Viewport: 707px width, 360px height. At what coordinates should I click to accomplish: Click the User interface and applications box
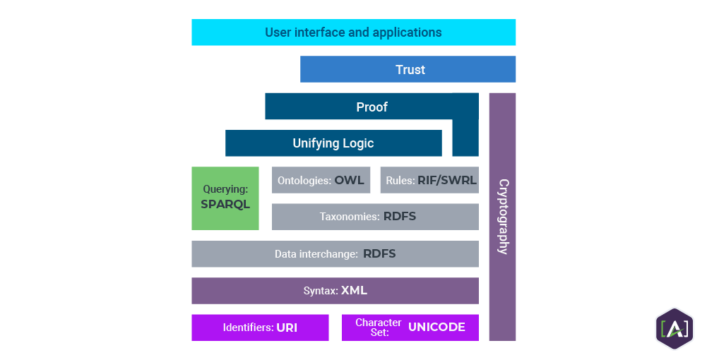353,32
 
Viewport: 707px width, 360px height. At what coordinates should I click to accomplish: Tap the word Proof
372,107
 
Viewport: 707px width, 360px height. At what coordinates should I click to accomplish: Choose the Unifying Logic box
333,143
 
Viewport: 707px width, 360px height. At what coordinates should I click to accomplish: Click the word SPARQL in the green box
225,205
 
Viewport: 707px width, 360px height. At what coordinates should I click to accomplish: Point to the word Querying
224,189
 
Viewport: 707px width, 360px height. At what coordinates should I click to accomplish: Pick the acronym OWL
350,180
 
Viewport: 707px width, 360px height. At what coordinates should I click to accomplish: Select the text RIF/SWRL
447,180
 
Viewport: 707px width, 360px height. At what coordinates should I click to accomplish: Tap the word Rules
400,181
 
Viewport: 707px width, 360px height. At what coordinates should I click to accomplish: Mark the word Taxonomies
350,217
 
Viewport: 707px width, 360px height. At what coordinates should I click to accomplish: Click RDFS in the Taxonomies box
400,217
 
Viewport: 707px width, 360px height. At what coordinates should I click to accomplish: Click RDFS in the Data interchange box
379,254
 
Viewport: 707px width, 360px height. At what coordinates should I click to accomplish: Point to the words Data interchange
316,254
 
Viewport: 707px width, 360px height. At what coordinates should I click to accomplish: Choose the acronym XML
354,291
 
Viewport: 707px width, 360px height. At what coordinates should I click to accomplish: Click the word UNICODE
436,327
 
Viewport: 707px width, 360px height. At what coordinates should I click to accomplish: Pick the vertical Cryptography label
503,216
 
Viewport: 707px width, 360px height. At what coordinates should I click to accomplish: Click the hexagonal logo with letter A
674,328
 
